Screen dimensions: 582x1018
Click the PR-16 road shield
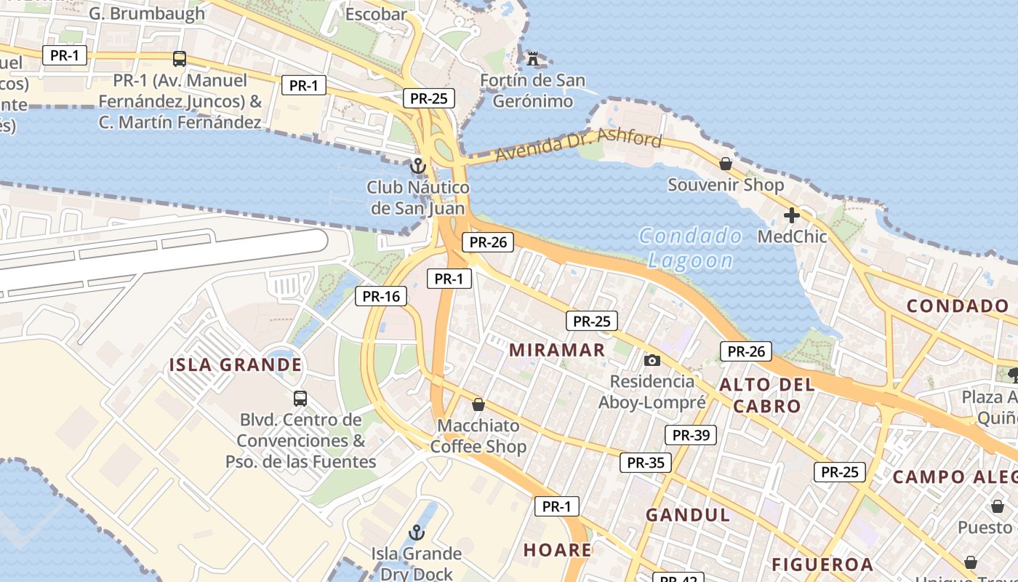382,296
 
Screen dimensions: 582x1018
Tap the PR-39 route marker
690,435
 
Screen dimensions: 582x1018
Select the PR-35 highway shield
645,462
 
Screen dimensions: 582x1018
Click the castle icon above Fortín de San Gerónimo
533,57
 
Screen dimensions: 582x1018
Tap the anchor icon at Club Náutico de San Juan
417,166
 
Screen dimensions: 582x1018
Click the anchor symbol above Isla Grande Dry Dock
416,533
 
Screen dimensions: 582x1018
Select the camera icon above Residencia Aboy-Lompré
652,360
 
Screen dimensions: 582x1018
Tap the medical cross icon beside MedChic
791,215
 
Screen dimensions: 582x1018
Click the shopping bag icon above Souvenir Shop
725,164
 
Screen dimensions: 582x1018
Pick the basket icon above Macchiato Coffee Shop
478,404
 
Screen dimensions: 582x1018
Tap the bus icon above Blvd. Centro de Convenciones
300,398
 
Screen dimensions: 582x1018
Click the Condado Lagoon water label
690,248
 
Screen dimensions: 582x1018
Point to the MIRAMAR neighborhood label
557,350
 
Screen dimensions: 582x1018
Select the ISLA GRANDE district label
235,364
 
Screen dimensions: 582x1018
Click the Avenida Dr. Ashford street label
579,145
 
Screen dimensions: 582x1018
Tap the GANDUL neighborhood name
687,515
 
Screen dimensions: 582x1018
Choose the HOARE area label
558,550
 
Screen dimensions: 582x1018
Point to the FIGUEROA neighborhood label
822,565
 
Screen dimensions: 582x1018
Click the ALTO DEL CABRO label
767,395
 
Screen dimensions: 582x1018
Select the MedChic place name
793,236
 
